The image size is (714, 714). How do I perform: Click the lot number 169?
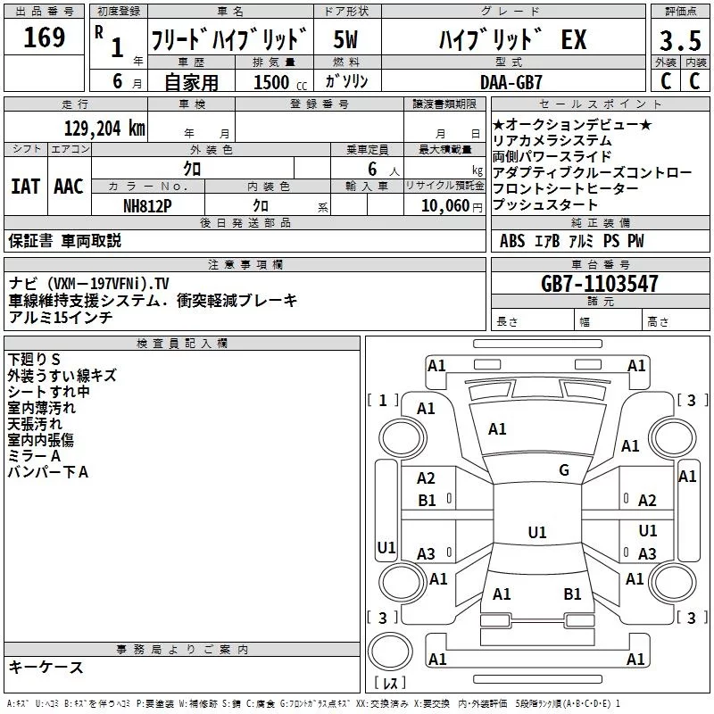coord(45,38)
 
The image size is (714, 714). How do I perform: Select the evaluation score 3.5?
coord(678,41)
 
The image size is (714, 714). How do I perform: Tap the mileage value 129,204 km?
coord(104,128)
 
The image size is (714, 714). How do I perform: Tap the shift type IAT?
coord(25,187)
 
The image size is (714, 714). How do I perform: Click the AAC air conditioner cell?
coord(69,187)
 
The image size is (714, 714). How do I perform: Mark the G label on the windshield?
coord(564,470)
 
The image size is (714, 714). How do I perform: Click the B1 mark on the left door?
coord(427,501)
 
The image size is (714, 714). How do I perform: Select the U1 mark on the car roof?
coord(536,533)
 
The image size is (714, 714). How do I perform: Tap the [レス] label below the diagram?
coord(390,685)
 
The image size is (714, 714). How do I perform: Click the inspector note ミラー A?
coord(34,456)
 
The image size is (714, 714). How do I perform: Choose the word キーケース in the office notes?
coord(46,667)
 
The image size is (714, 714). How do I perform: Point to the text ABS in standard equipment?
coord(512,241)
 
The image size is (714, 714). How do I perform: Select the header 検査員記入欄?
coord(182,344)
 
